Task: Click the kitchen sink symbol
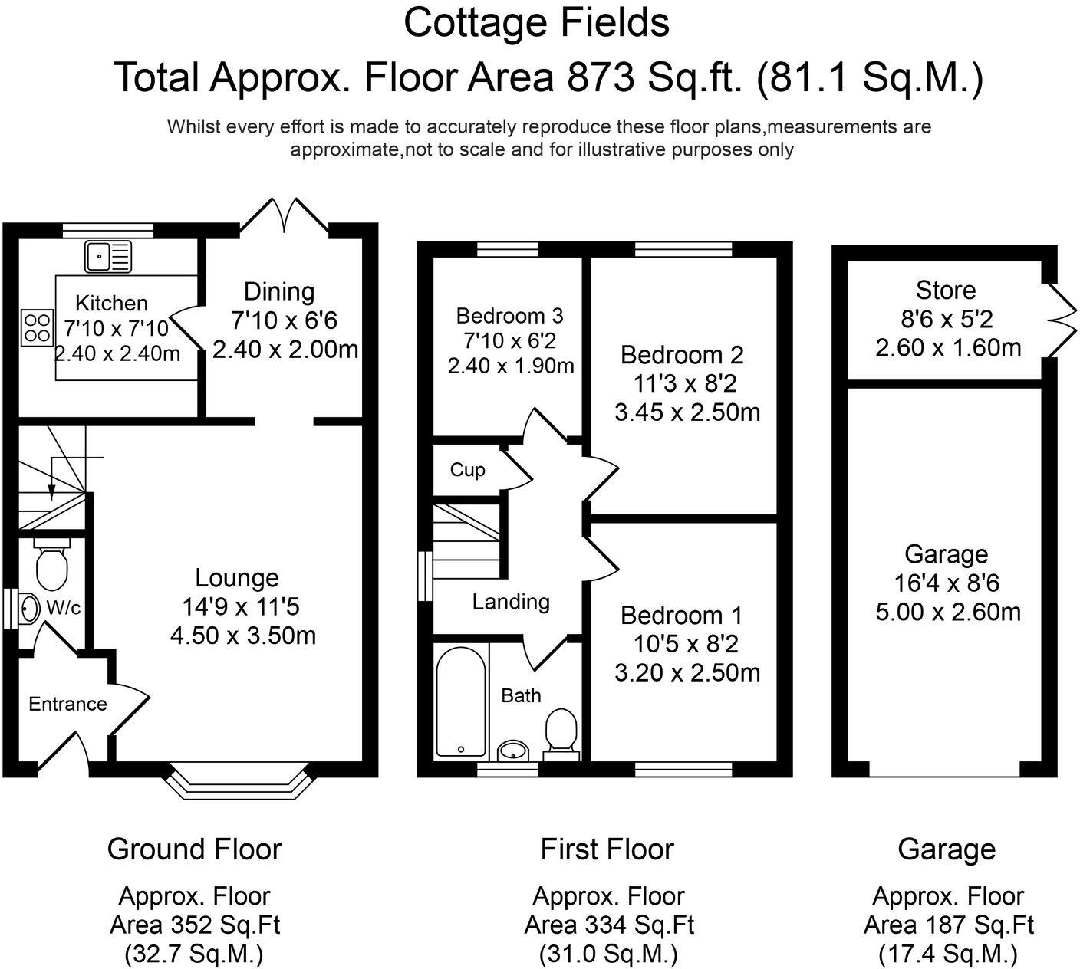[x=108, y=256]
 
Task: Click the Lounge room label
[x=237, y=578]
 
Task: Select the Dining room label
[x=279, y=292]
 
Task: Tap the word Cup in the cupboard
[x=467, y=469]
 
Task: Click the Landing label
[x=511, y=602]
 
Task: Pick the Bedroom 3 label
[x=509, y=316]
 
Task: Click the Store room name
[x=946, y=291]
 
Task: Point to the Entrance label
[x=67, y=704]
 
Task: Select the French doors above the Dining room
[x=285, y=214]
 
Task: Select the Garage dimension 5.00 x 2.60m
[x=948, y=613]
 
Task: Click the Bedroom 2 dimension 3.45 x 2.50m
[x=687, y=412]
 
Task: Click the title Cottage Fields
[x=536, y=22]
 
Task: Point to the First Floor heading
[x=607, y=849]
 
